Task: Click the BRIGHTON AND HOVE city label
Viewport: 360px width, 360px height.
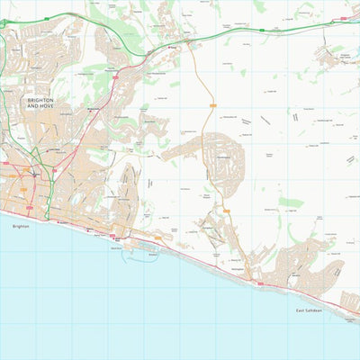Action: click(40, 103)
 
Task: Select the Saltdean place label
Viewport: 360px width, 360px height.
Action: click(296, 274)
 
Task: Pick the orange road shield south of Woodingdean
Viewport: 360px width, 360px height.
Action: click(227, 211)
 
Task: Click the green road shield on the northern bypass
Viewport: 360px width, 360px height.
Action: click(261, 30)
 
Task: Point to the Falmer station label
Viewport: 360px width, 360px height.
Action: click(171, 49)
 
